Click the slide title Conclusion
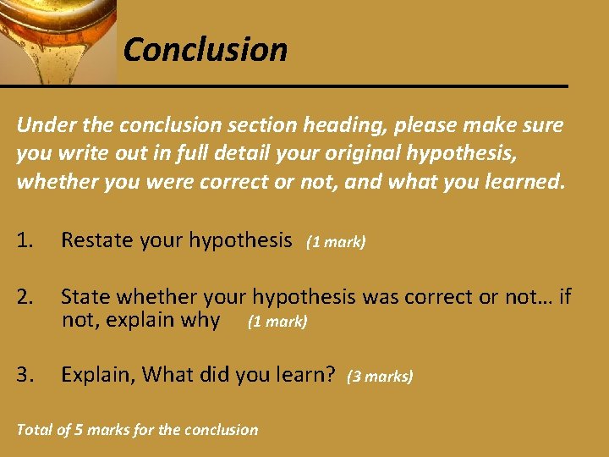(x=205, y=50)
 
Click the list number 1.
(x=25, y=241)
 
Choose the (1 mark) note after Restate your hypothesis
(x=336, y=243)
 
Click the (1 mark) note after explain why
(x=277, y=322)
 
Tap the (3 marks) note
(x=380, y=377)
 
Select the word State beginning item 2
(x=85, y=297)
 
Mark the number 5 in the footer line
(x=79, y=430)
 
